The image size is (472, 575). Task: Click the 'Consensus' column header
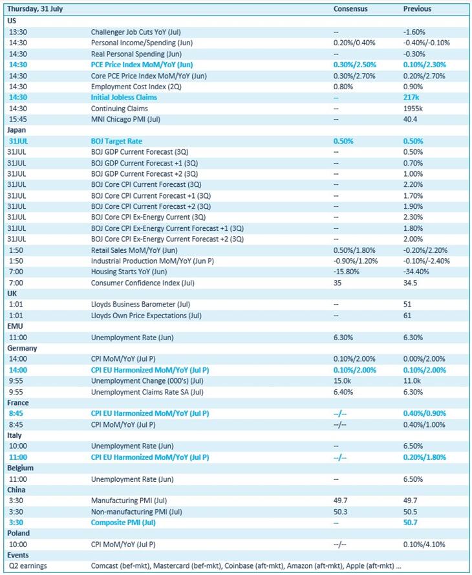click(350, 9)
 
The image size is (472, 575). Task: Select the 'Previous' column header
click(417, 9)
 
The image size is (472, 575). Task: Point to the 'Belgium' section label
click(20, 468)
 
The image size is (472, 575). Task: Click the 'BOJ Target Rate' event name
click(116, 141)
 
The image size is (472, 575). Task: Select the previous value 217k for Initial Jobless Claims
click(412, 98)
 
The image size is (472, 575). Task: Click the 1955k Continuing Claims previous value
click(413, 109)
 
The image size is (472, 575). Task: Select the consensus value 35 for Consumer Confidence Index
click(337, 283)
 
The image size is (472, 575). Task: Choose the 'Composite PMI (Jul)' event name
click(123, 523)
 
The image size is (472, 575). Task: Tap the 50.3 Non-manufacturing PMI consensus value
click(340, 512)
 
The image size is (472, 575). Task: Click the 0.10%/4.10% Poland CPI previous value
click(424, 545)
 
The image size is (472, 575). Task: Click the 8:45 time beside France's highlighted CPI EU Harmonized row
click(16, 413)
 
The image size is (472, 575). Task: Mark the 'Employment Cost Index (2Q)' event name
click(134, 87)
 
